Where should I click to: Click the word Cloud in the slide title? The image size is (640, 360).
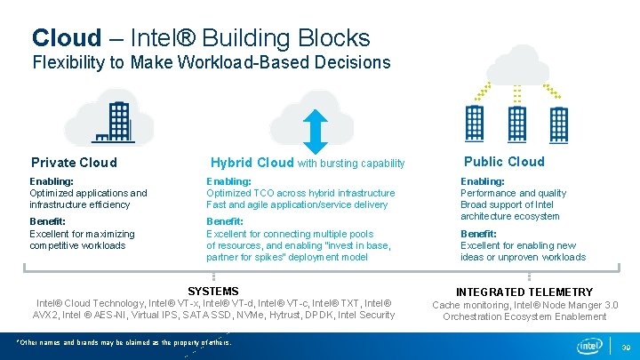click(67, 38)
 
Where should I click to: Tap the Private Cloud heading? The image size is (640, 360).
click(74, 163)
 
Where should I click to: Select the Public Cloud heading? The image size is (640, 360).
click(504, 161)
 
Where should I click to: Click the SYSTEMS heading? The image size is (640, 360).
click(213, 291)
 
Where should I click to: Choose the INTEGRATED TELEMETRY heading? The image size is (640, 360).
click(524, 292)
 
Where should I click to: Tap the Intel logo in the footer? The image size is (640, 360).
click(590, 345)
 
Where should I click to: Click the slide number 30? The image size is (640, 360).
click(626, 347)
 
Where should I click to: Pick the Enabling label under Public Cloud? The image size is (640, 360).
click(482, 181)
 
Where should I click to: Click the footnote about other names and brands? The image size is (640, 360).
click(124, 342)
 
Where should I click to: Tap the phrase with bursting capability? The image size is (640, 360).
click(351, 164)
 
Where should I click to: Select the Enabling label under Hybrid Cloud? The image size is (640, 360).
click(228, 181)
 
